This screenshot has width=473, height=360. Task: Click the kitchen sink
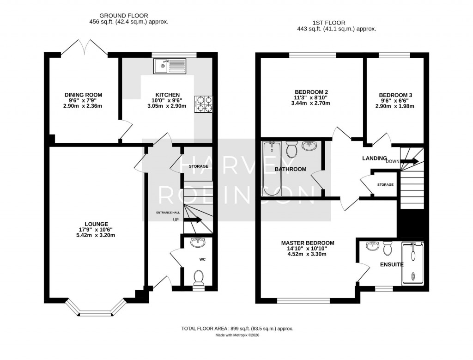[x=169, y=66]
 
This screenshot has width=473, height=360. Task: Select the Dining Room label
[x=83, y=95]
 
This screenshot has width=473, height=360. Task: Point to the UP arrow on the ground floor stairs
[x=194, y=220]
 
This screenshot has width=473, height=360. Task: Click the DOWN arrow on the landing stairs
[x=409, y=161]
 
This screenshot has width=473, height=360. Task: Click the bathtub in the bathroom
[x=271, y=169]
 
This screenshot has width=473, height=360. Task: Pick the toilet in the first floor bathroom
[x=291, y=149]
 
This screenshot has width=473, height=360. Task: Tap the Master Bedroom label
[x=308, y=243]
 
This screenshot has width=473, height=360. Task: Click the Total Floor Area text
[x=237, y=329]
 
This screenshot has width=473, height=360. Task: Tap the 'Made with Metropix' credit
[x=237, y=336]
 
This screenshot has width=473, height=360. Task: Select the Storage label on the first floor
[x=385, y=185]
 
